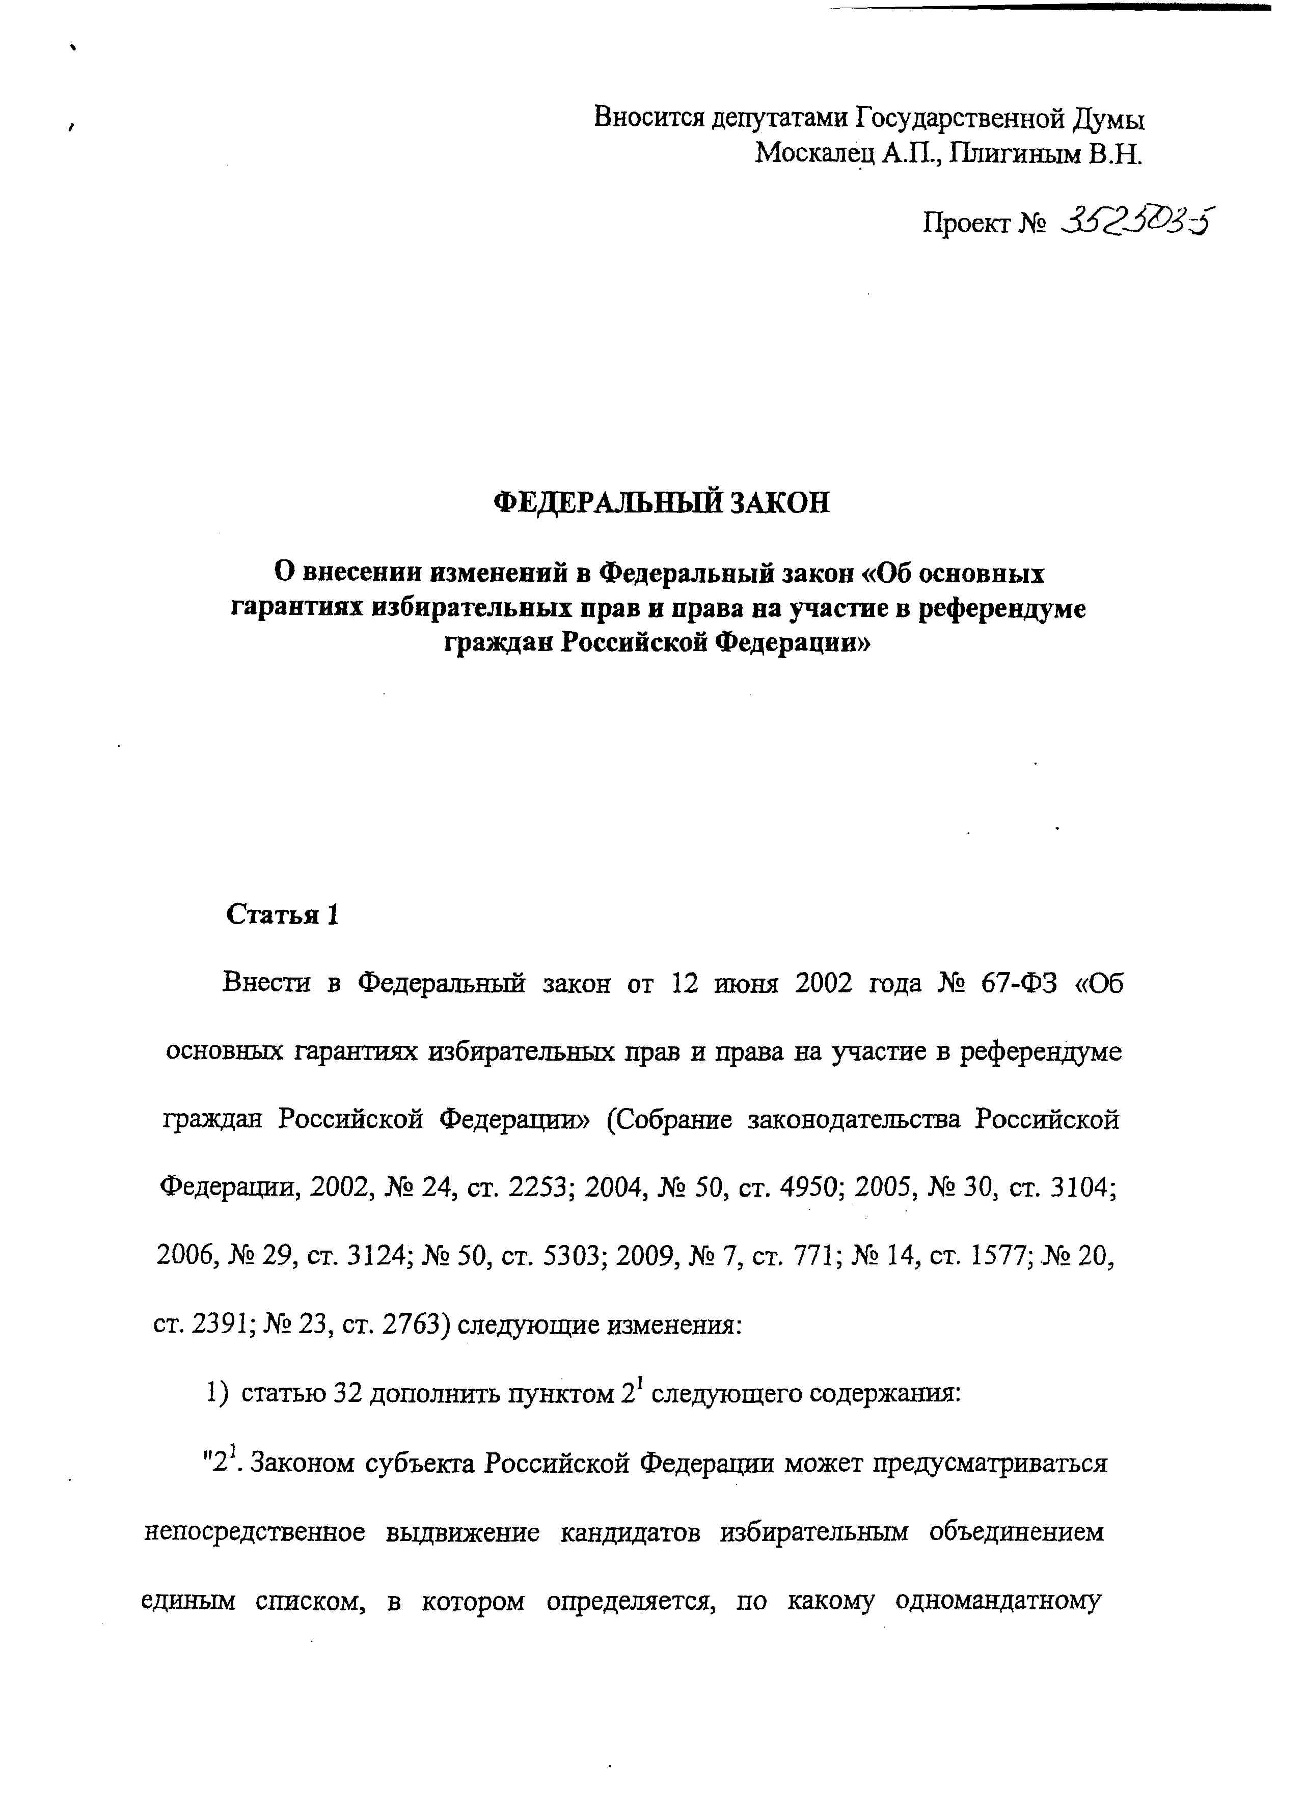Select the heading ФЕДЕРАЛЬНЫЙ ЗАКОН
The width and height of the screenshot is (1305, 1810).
point(662,503)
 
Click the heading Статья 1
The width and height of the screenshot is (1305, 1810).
point(283,914)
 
